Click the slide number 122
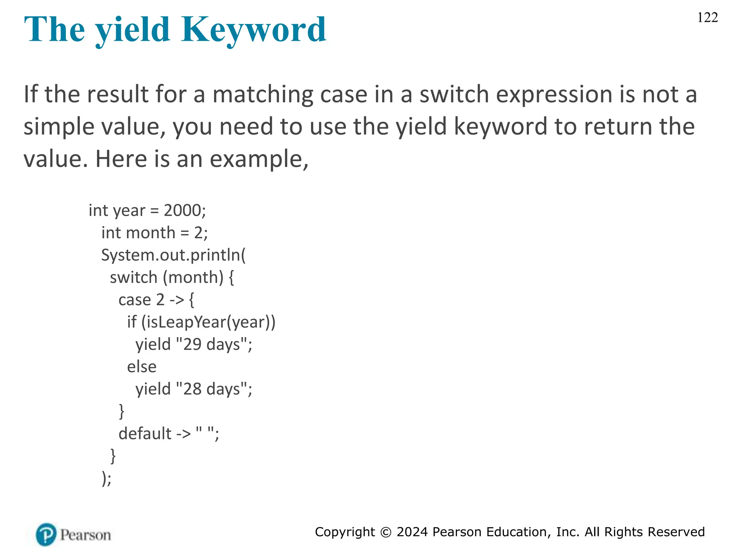(x=707, y=17)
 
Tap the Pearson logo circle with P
(x=46, y=534)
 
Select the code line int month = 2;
(x=154, y=233)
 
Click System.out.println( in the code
(x=173, y=255)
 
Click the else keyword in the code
(x=142, y=367)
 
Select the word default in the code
(x=145, y=433)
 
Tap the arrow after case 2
(x=177, y=300)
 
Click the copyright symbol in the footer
(x=385, y=532)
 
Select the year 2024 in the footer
(x=412, y=532)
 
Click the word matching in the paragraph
(x=262, y=95)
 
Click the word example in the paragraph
(x=256, y=159)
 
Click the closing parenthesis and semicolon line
(x=106, y=478)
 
